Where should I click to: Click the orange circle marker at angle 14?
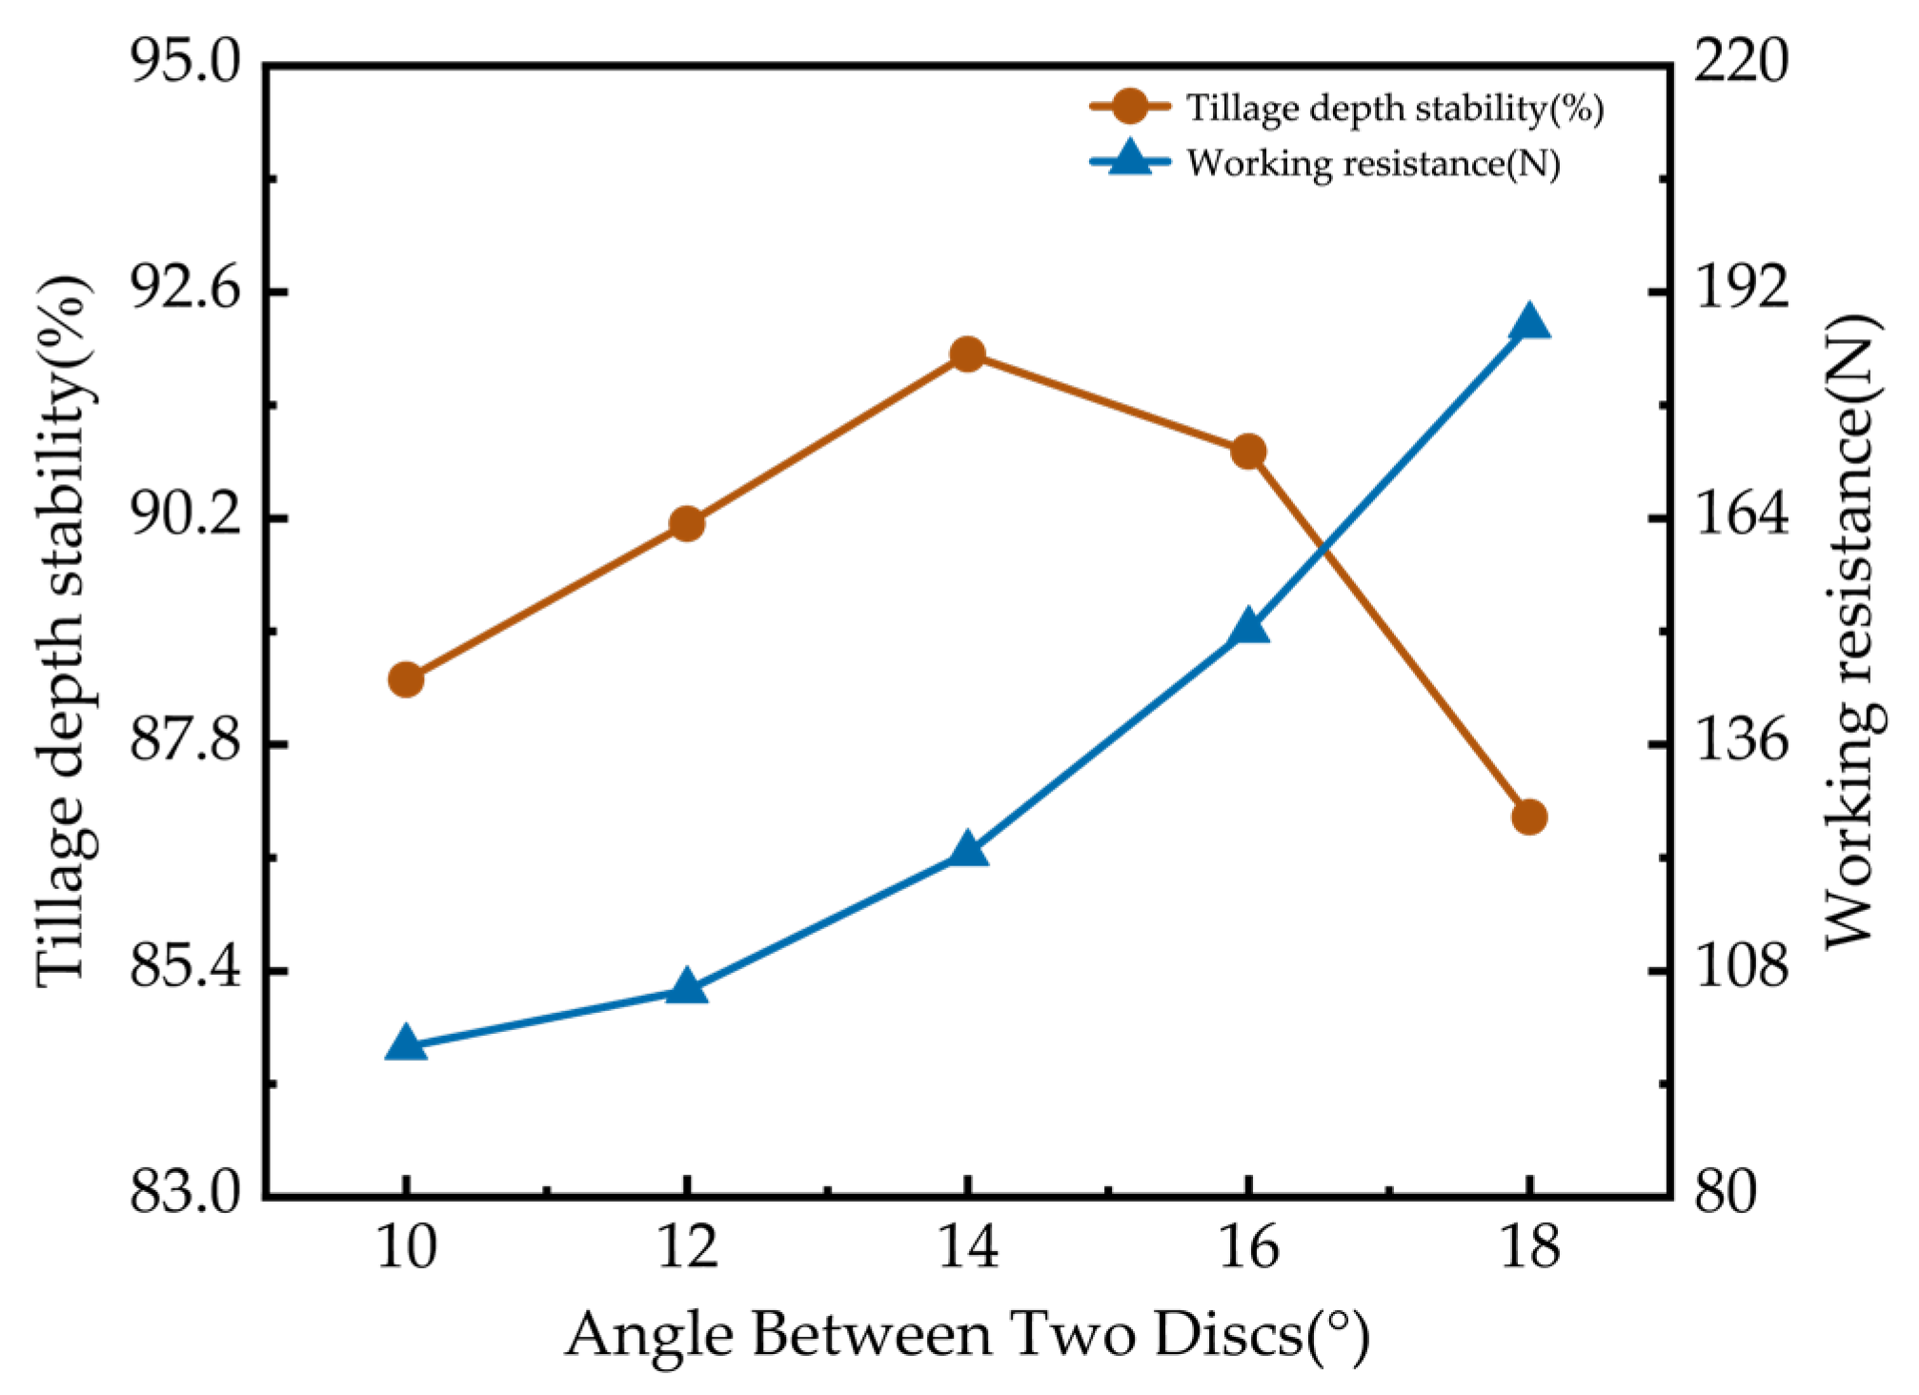coord(967,355)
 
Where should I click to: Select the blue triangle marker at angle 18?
coord(1529,323)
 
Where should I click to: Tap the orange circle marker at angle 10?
coord(406,679)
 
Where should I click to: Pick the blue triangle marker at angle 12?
coord(686,988)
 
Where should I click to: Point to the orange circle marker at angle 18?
coord(1529,817)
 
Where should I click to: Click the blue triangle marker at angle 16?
coord(1248,629)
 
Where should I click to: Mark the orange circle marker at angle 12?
coord(686,523)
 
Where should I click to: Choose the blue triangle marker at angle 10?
coord(406,1043)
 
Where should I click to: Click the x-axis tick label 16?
coord(1248,1245)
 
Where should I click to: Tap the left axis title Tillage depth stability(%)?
coord(65,631)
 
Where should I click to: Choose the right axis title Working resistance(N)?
coord(1851,631)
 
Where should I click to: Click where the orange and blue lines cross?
coord(1323,551)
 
